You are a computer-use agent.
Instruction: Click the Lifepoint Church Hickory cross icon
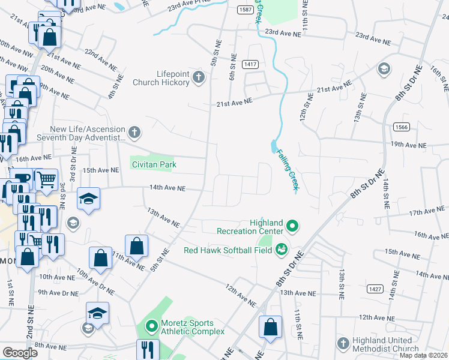pos(199,77)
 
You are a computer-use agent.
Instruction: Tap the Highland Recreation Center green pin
pos(292,226)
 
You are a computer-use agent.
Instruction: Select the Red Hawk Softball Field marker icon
pos(281,250)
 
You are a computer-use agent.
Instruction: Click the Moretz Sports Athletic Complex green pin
pos(151,327)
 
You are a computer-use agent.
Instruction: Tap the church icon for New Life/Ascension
pos(135,131)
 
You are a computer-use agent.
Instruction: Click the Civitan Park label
pos(154,164)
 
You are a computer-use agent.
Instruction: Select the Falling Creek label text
pos(287,170)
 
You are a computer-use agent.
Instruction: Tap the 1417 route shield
pos(250,64)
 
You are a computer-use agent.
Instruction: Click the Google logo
pos(20,353)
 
